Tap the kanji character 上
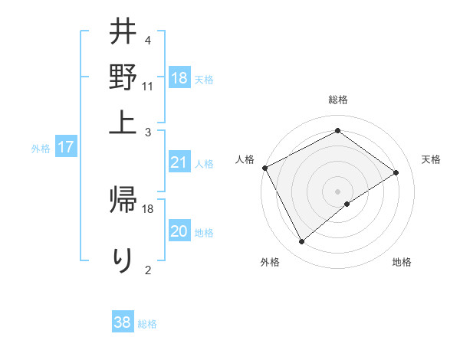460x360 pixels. click(x=123, y=120)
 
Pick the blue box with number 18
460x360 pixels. click(x=179, y=78)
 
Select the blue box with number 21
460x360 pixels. click(x=179, y=162)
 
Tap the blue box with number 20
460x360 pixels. click(x=179, y=231)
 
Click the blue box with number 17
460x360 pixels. click(x=65, y=147)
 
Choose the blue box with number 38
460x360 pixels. click(x=123, y=322)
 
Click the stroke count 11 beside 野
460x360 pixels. click(x=148, y=86)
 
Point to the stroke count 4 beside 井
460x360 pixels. click(x=147, y=40)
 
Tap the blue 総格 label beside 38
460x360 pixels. click(x=147, y=324)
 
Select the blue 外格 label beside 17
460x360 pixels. click(x=41, y=149)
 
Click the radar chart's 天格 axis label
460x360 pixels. click(x=432, y=159)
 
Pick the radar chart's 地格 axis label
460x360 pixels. click(x=402, y=263)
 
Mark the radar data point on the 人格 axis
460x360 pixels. click(x=264, y=167)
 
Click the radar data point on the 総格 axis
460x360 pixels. click(x=337, y=131)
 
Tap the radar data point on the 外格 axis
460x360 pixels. click(x=301, y=242)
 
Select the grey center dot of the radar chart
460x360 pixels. click(x=337, y=191)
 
